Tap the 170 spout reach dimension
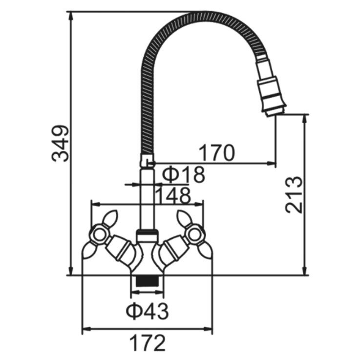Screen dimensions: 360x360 pyautogui.click(x=216, y=153)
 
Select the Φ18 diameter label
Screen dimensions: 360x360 pyautogui.click(x=183, y=175)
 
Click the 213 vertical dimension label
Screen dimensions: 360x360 pyautogui.click(x=294, y=195)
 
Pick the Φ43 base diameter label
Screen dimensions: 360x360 pyautogui.click(x=147, y=310)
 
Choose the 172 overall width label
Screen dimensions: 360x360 pyautogui.click(x=147, y=343)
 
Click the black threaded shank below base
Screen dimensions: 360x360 pyautogui.click(x=147, y=282)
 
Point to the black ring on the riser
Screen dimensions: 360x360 pyautogui.click(x=147, y=233)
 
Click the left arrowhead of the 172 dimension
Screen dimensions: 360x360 pyautogui.click(x=84, y=328)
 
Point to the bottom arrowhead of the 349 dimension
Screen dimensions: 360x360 pyautogui.click(x=71, y=271)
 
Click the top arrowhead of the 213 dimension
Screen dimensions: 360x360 pyautogui.click(x=305, y=118)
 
